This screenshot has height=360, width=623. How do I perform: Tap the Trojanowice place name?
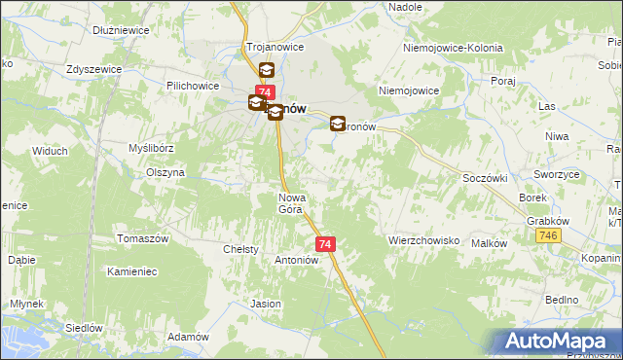(x=275, y=47)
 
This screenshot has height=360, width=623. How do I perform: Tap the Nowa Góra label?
(x=292, y=202)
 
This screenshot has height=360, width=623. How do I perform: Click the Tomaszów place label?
(x=143, y=239)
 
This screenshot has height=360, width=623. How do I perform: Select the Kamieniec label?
(x=132, y=271)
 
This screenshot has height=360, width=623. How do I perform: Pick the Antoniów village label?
(x=297, y=260)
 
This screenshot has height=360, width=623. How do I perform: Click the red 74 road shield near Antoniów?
(x=325, y=244)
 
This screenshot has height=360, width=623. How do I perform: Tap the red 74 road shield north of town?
(x=265, y=91)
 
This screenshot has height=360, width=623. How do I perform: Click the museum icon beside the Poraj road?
(x=338, y=124)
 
